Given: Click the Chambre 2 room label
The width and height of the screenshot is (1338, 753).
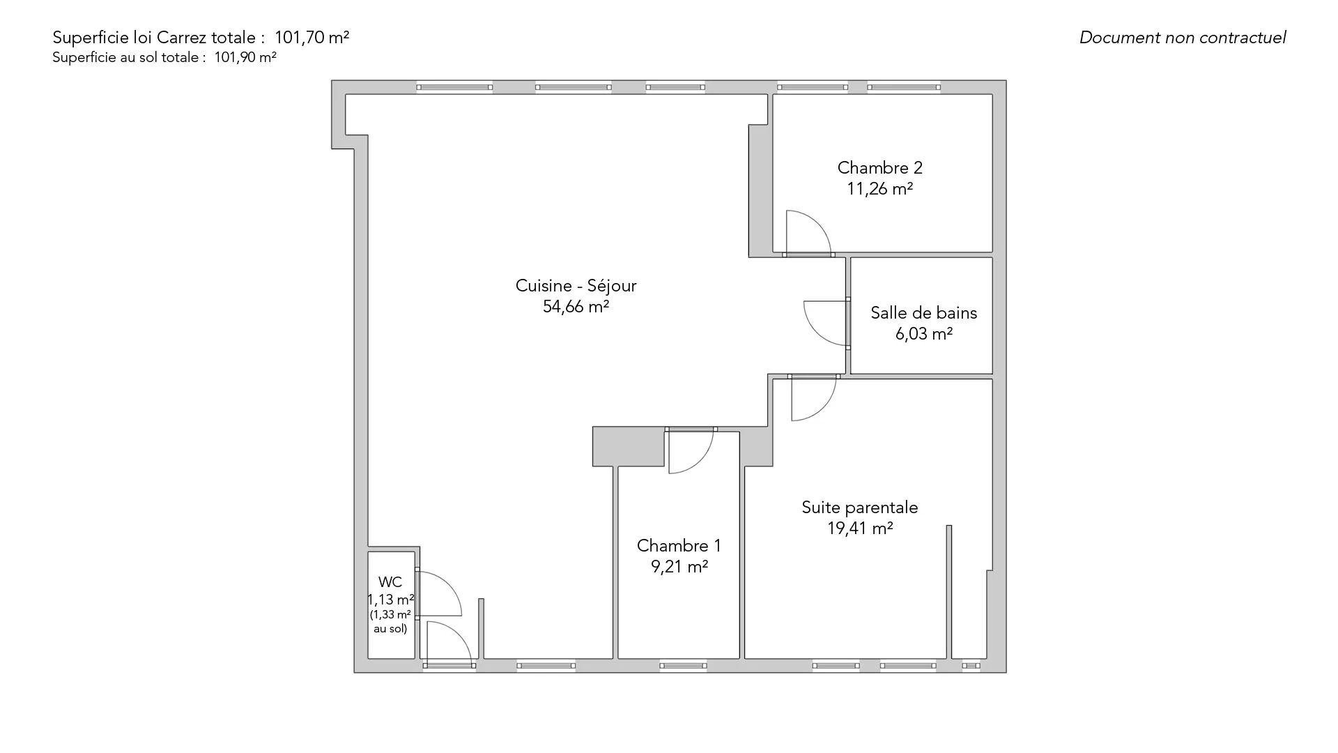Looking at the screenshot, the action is (879, 167).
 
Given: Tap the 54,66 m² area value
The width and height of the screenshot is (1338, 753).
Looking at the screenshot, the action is (576, 306).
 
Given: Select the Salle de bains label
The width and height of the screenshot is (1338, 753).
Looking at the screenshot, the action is (923, 312).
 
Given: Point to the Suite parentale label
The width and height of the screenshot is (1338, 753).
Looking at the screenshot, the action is (859, 508).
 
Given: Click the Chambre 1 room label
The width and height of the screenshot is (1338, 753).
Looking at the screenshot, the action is (679, 545).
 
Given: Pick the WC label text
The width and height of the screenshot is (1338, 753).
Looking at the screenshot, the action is (390, 581).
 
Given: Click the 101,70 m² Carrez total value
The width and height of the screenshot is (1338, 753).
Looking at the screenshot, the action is (312, 38).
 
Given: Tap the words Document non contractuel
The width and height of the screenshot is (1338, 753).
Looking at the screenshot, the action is (1183, 38).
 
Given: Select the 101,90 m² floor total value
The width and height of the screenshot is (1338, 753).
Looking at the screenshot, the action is (245, 58).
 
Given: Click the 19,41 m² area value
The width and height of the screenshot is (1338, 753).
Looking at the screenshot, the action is (860, 528).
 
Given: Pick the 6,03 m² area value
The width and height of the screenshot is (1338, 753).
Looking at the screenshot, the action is (923, 334).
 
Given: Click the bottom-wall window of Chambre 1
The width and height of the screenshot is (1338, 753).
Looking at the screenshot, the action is (683, 666).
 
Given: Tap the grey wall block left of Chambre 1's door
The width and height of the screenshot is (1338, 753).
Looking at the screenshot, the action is (628, 446).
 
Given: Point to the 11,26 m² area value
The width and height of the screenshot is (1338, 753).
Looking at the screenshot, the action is (879, 189).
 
